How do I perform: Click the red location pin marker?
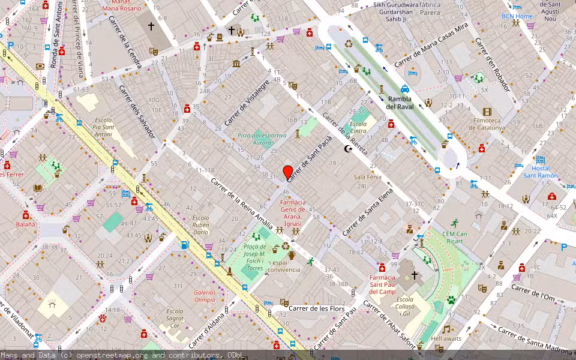point(288,172)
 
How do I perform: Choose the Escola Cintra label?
point(358,128)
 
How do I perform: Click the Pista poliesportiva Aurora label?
point(262,139)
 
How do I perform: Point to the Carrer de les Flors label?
point(317,308)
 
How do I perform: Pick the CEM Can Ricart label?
point(455,238)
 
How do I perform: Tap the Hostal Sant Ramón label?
point(536,172)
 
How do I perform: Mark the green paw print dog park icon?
point(451,299)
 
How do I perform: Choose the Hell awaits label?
point(446,338)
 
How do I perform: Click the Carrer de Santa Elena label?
point(367,212)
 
